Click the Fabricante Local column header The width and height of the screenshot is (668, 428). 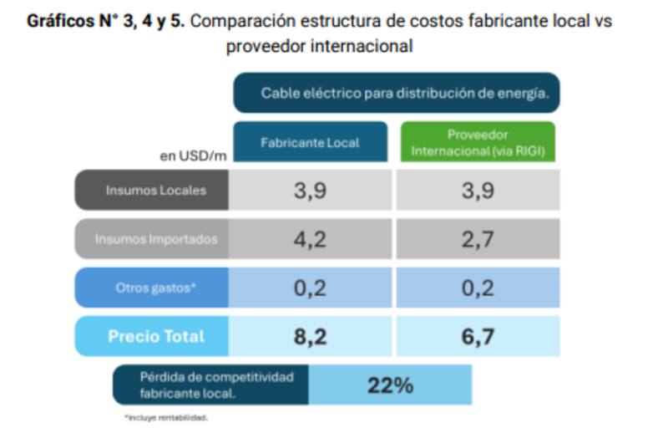pyautogui.click(x=310, y=142)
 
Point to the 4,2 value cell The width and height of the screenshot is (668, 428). pyautogui.click(x=310, y=239)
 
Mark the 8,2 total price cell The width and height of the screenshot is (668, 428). pyautogui.click(x=310, y=337)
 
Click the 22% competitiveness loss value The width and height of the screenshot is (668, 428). pyautogui.click(x=390, y=385)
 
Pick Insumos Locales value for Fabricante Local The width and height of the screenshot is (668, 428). pyautogui.click(x=310, y=191)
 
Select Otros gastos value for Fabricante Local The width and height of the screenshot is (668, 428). pyautogui.click(x=310, y=288)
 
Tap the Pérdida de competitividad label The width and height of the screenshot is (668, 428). pyautogui.click(x=210, y=385)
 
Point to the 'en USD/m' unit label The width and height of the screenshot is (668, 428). pyautogui.click(x=192, y=155)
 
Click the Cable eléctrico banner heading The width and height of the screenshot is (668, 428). pyautogui.click(x=397, y=93)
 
